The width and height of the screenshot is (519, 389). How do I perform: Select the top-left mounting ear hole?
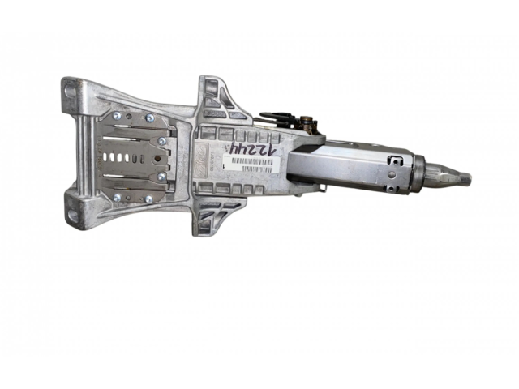pyautogui.click(x=71, y=91)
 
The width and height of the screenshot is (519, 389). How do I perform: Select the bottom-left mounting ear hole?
pyautogui.click(x=72, y=215)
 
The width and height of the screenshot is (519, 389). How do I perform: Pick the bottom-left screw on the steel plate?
pyautogui.click(x=118, y=196)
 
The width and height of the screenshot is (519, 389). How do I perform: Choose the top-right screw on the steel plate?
pyautogui.click(x=151, y=118)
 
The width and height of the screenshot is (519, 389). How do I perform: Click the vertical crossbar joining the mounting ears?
pyautogui.click(x=82, y=154)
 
